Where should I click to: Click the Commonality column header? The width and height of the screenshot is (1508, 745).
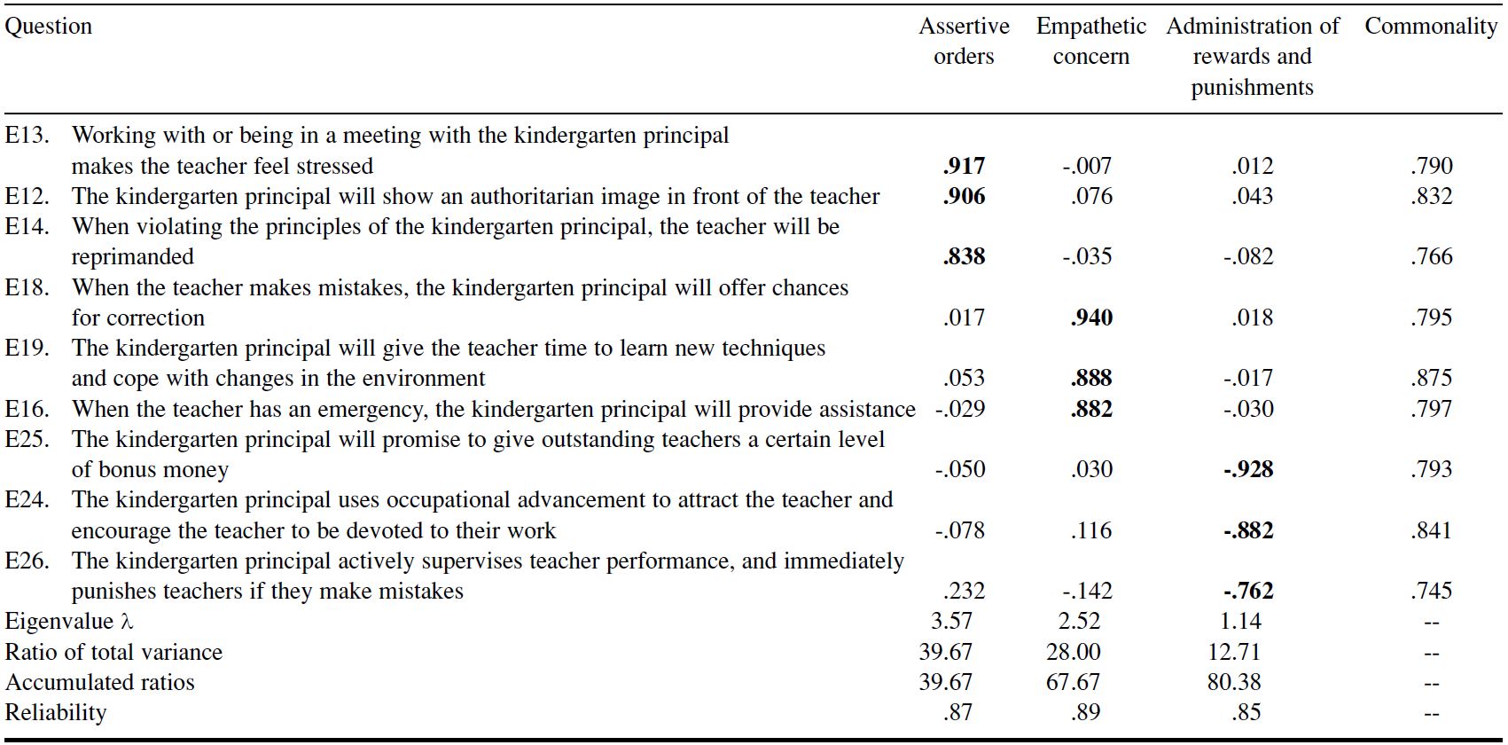1430,27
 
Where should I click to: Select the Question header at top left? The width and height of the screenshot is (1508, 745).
49,27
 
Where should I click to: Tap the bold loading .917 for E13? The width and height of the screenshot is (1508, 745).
964,166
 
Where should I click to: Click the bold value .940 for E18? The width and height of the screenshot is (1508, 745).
1091,318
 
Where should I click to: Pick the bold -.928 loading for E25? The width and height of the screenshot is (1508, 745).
1248,469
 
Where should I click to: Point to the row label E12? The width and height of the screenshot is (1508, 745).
27,196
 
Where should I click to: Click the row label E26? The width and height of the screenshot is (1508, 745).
27,561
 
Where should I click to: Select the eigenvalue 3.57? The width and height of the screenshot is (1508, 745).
951,621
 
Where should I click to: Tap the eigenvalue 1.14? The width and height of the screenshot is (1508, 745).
1239,621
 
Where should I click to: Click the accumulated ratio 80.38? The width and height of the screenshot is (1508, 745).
1234,682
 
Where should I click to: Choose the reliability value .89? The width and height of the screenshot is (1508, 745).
1085,712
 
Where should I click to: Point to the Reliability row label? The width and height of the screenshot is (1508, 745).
56,712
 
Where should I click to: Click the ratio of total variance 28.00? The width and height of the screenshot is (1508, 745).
1073,652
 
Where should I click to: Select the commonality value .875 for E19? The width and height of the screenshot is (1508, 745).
1431,378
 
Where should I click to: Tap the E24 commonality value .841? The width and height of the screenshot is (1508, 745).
1431,530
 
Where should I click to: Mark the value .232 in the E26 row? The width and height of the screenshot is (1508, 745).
964,591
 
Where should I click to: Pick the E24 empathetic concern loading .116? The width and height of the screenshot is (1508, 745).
1091,530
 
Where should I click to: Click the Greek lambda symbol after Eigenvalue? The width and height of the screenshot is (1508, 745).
127,622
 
